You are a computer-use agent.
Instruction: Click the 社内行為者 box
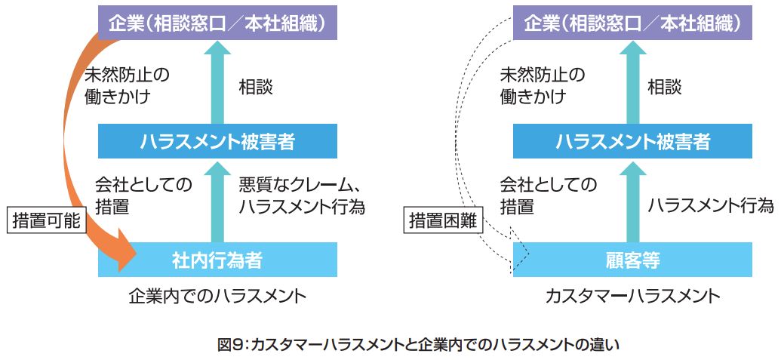pos(217,260)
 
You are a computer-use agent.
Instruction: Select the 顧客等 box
pos(632,260)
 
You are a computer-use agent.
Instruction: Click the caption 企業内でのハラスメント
pos(217,296)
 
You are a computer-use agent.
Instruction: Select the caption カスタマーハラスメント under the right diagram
pos(632,296)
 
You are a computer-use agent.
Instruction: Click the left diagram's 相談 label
pos(256,87)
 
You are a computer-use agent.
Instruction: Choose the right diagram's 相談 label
pos(665,87)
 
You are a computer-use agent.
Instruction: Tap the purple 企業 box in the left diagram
pos(217,23)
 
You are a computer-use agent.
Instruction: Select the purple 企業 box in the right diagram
pos(632,23)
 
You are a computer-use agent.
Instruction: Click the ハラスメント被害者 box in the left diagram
pos(217,140)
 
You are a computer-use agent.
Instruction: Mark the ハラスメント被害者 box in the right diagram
pos(632,140)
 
